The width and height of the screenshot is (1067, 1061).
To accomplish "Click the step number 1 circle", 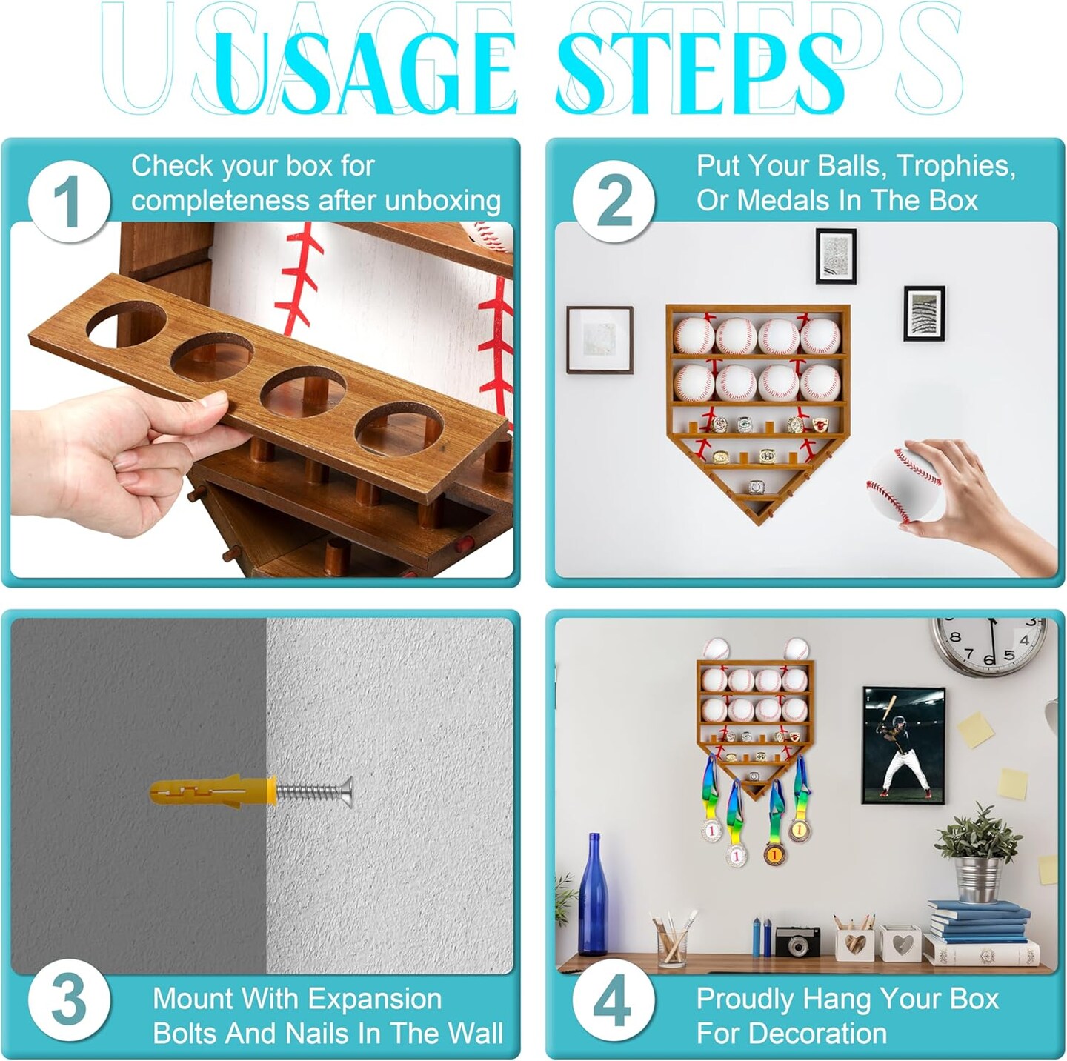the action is (x=70, y=202).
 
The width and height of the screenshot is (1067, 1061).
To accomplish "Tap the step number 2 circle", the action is (x=614, y=202).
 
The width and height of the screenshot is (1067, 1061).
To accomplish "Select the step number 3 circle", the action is (x=70, y=1001).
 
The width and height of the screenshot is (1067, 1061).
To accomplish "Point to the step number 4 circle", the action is (x=614, y=1001).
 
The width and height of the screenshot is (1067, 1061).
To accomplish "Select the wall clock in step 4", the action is (x=989, y=646).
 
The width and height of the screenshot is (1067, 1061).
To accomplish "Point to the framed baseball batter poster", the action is (x=903, y=745).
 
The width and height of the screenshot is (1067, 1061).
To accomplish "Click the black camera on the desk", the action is (x=797, y=941).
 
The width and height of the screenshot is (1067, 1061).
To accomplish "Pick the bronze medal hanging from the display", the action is (x=774, y=854).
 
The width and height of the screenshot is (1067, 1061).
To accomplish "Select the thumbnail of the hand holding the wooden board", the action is (x=262, y=400).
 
